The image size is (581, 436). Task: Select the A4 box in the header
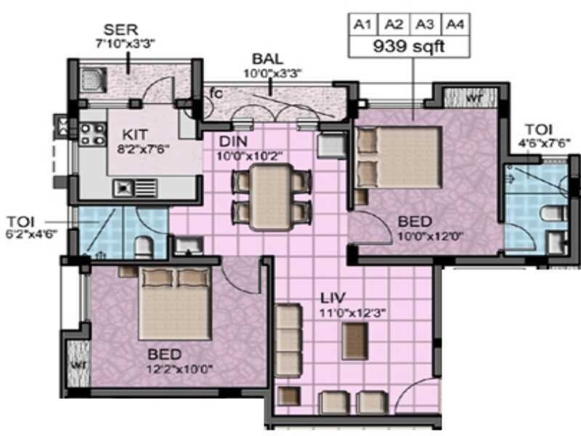(x=455, y=24)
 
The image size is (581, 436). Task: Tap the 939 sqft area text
(x=408, y=47)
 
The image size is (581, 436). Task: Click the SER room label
(x=120, y=30)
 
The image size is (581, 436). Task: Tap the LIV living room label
(x=335, y=297)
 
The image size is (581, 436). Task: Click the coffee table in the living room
(x=354, y=336)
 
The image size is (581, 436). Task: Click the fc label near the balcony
(x=216, y=93)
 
